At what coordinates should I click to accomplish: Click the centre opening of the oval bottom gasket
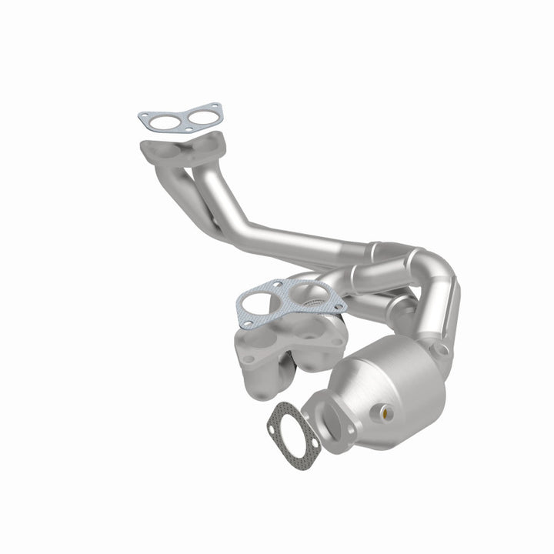287,422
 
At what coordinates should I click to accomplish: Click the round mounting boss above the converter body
439,349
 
